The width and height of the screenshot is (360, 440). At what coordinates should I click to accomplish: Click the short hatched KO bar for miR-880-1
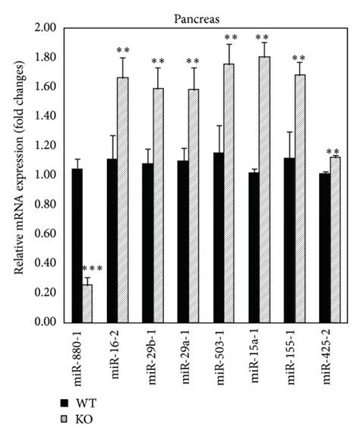[87, 303]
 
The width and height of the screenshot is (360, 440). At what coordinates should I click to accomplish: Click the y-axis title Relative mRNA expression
[14, 175]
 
